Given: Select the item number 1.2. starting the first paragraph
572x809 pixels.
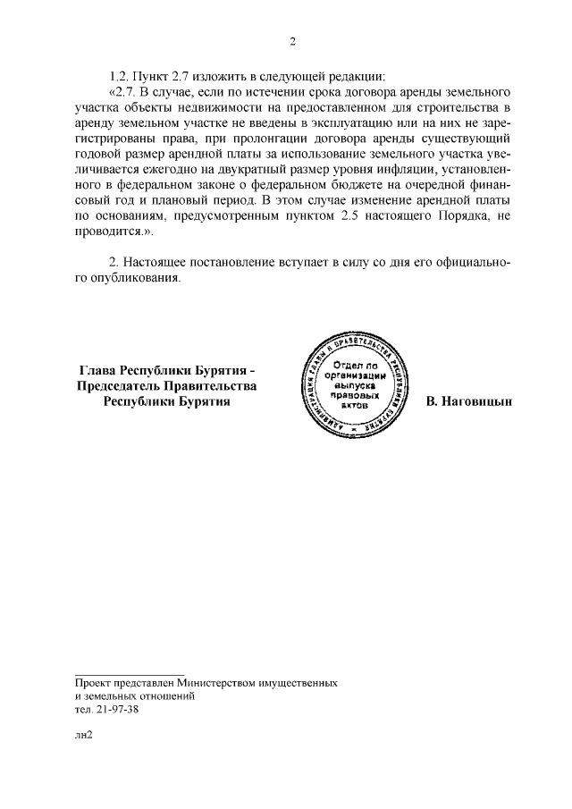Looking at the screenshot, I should [121, 75].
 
